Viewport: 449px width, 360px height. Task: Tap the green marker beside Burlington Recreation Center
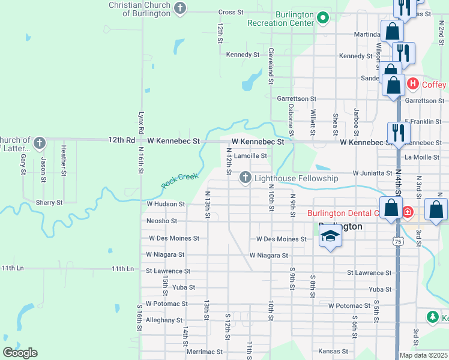[323, 17]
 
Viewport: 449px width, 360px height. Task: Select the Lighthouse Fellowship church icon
[246, 178]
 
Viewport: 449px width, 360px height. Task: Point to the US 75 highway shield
[397, 241]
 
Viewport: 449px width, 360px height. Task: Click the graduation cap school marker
[330, 238]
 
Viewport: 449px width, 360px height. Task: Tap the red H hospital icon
[412, 84]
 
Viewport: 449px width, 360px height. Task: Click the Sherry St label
[49, 203]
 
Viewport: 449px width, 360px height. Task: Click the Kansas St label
[333, 351]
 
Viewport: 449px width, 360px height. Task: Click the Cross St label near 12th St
[231, 12]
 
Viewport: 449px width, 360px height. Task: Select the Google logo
[20, 353]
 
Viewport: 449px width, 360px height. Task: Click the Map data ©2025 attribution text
[423, 355]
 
